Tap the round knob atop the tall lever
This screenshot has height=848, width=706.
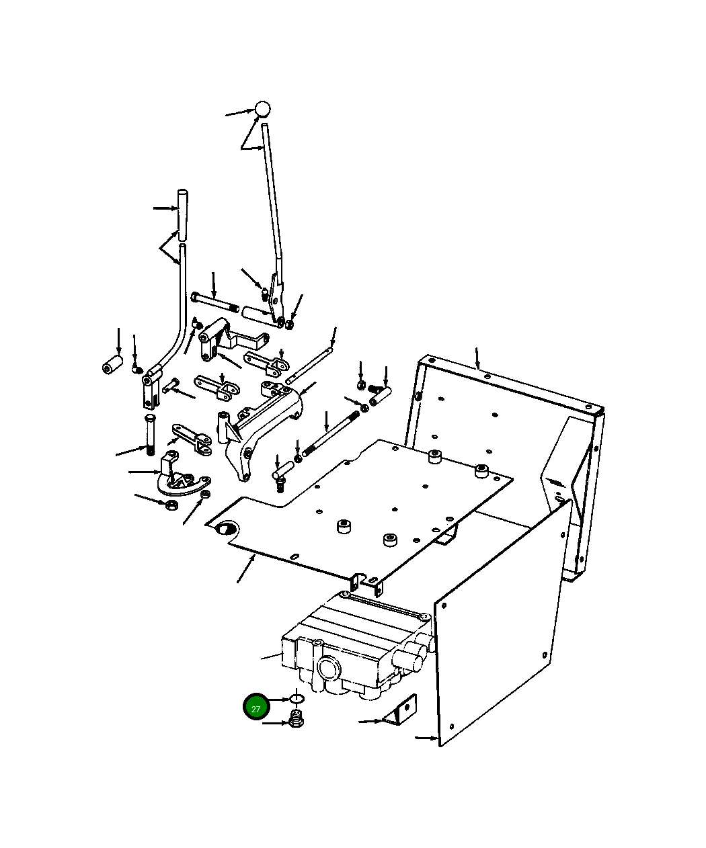(262, 109)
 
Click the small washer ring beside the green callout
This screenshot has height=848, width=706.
(297, 699)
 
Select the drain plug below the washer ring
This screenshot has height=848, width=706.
(296, 720)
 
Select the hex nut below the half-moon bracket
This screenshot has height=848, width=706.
(171, 504)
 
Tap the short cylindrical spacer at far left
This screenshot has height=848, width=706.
(112, 365)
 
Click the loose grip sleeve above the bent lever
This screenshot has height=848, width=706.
(181, 214)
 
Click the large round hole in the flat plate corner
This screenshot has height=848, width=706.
(224, 529)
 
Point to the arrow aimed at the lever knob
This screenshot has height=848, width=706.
(238, 113)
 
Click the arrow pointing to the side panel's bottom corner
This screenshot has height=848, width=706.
(426, 738)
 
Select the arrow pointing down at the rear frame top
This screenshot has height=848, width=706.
(477, 358)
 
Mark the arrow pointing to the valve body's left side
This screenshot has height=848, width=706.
(272, 656)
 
